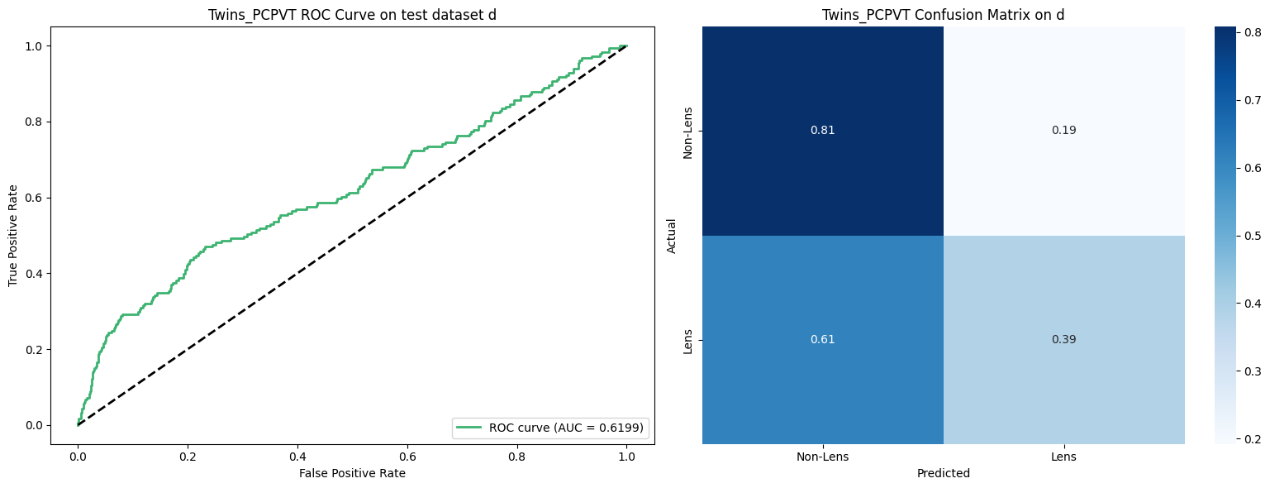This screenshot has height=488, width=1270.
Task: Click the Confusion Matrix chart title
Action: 943,15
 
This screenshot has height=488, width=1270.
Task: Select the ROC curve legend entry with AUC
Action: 550,428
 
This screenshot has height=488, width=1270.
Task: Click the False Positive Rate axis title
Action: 352,473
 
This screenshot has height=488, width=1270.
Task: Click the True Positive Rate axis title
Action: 13,236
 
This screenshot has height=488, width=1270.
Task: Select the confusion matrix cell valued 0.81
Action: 823,131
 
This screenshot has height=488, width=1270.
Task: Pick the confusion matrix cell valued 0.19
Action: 1063,131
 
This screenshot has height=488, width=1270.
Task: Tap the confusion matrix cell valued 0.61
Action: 823,340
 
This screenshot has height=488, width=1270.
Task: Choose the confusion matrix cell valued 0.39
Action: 1063,340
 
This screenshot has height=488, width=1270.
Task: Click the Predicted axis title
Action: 943,474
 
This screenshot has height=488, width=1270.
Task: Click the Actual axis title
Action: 672,236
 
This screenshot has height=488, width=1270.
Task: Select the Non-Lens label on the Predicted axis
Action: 823,456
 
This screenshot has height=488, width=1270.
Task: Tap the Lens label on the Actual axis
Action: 687,340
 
